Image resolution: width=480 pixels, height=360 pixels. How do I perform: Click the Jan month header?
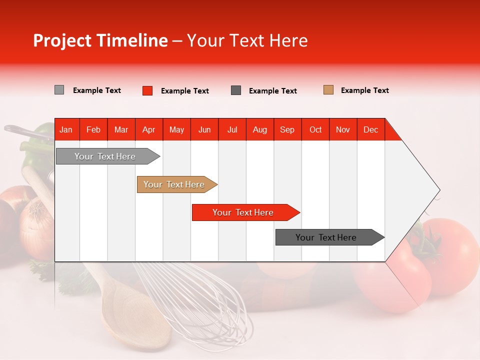[x=66, y=129]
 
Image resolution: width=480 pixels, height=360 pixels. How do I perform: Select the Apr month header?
[x=149, y=129]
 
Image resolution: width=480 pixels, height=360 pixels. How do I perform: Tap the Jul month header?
[x=232, y=129]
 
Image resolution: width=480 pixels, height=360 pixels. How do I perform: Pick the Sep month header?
[x=287, y=129]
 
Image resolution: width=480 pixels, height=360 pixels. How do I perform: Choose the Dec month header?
[x=370, y=129]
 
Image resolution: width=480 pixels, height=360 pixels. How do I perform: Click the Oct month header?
[x=315, y=129]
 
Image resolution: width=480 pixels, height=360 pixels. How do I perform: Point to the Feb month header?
[x=93, y=129]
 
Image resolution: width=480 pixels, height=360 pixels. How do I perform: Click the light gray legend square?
[x=59, y=90]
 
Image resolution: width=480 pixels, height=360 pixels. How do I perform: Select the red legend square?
[x=147, y=90]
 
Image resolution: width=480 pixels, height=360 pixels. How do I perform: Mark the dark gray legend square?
[x=236, y=90]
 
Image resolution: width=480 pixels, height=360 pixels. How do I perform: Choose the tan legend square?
[x=328, y=90]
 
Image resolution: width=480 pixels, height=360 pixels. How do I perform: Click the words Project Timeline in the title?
[x=100, y=40]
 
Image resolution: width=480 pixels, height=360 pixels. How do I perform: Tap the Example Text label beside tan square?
[x=364, y=90]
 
